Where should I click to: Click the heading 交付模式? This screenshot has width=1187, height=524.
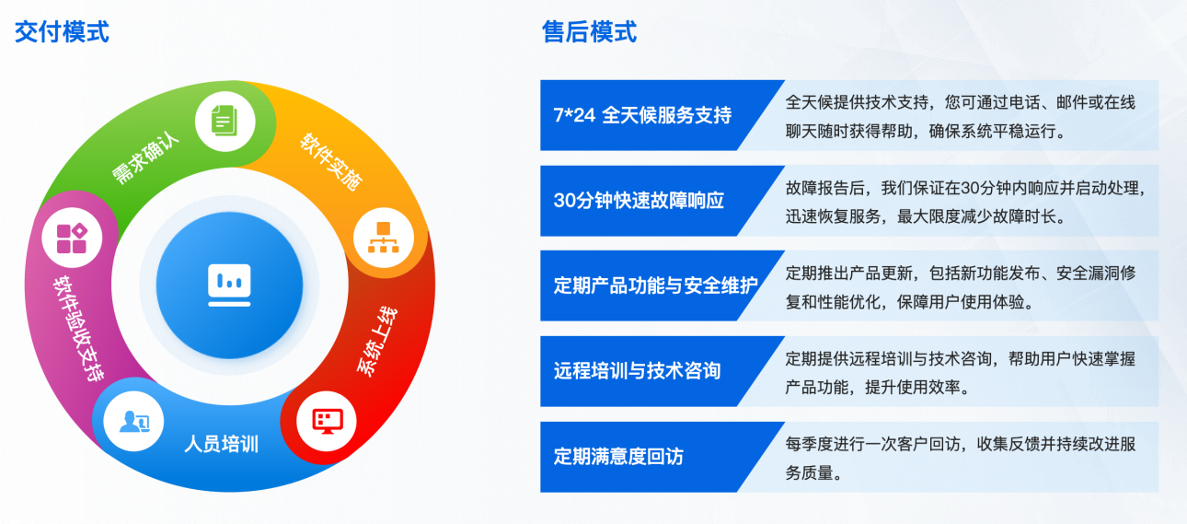[62, 32]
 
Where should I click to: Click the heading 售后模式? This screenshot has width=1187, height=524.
[589, 32]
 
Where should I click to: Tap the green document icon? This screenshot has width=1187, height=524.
[225, 121]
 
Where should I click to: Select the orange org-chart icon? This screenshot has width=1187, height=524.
[383, 238]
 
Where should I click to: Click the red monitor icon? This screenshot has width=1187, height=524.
[327, 421]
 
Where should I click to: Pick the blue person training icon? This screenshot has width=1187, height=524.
[133, 422]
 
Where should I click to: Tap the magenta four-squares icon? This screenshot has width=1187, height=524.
[72, 238]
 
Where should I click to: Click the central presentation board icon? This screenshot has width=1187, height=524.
[229, 285]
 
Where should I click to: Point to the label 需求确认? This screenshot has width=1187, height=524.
[144, 158]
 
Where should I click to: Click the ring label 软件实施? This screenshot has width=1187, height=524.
[331, 161]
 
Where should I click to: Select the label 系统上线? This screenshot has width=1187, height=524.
[376, 341]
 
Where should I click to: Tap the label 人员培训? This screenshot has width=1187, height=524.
[222, 444]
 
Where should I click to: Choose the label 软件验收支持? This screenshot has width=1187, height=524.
[78, 328]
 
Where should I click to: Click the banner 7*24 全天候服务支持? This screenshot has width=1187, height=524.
[642, 115]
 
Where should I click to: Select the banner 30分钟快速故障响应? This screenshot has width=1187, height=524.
[639, 201]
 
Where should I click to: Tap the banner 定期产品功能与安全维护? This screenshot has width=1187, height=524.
[655, 285]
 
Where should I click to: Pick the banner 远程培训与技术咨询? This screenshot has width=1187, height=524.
[637, 371]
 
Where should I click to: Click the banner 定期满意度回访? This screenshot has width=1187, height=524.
[618, 456]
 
